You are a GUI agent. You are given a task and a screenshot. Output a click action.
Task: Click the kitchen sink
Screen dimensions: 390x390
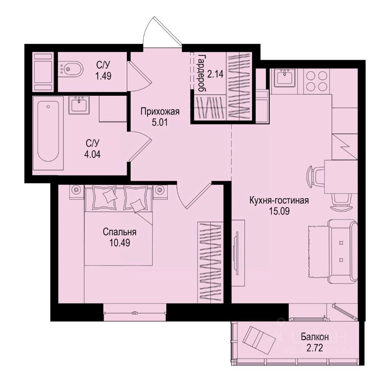click(x=286, y=78)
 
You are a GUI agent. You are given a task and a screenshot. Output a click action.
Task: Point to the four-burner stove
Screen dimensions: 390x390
click(x=316, y=80)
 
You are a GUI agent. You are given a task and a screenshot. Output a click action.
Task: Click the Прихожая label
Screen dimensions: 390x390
click(x=160, y=111)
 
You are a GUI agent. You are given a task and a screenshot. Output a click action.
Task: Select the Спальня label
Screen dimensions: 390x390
click(x=119, y=232)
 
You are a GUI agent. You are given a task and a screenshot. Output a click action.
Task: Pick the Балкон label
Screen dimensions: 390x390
click(x=315, y=337)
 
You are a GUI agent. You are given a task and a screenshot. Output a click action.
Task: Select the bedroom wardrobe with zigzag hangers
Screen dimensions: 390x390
click(x=210, y=262)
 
